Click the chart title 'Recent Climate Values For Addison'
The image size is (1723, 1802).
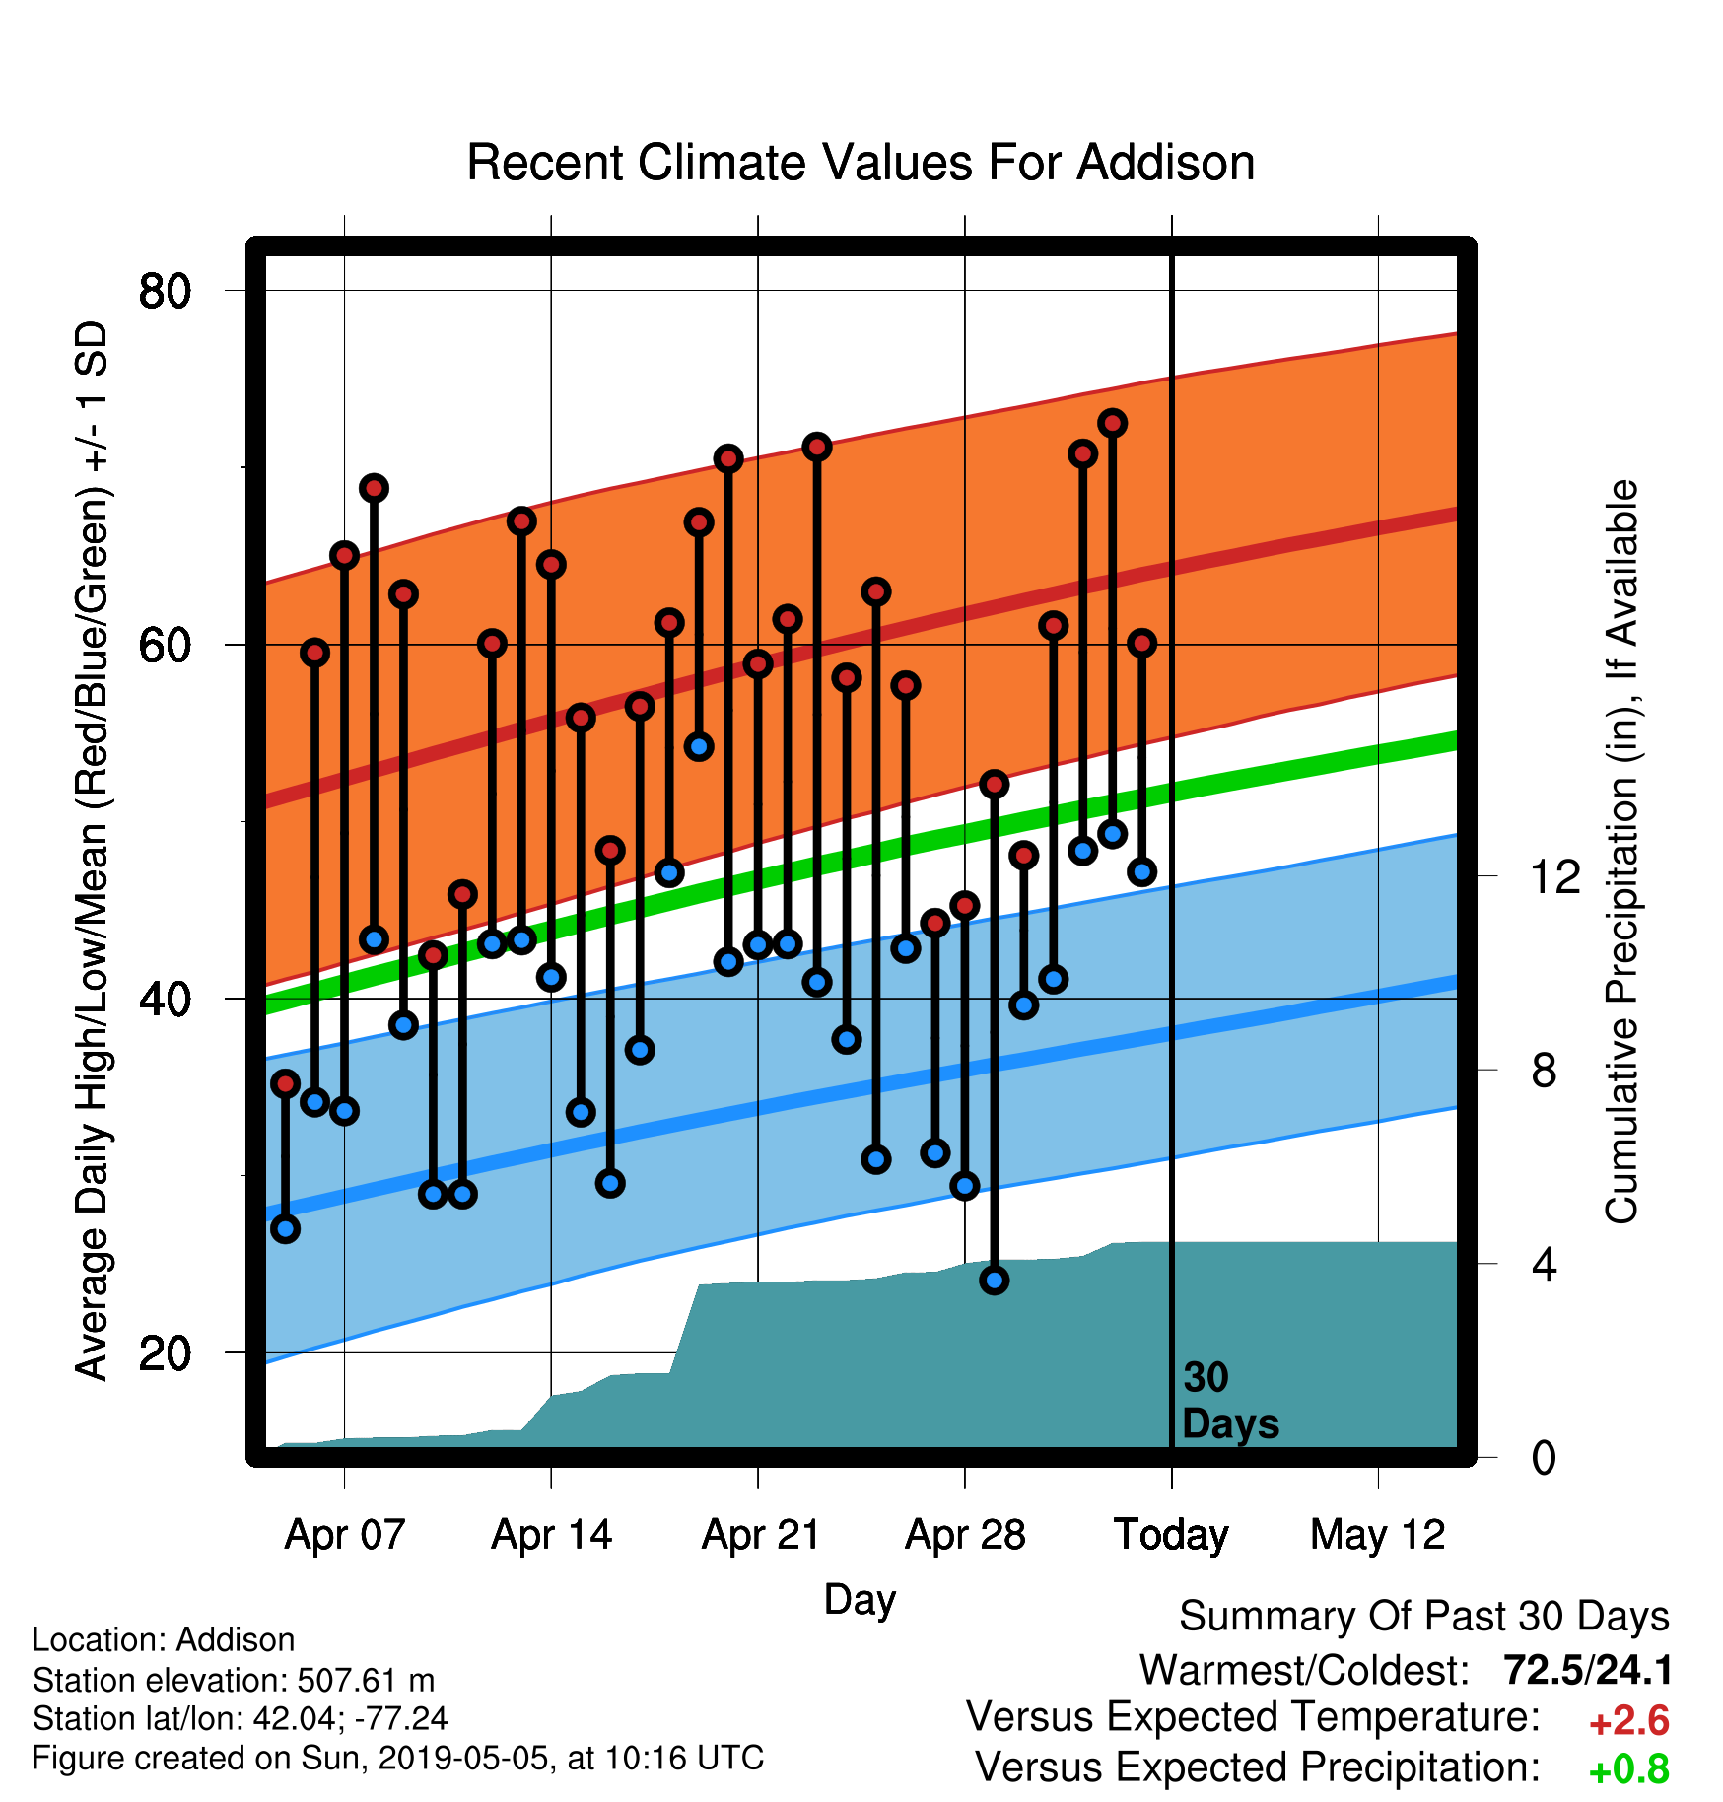coord(861,163)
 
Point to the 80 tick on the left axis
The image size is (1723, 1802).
coord(165,291)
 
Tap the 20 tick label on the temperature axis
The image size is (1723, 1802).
coord(165,1353)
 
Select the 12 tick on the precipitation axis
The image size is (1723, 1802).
coord(1555,876)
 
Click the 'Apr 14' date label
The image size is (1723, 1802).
coord(552,1535)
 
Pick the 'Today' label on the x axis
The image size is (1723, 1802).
coord(1171,1535)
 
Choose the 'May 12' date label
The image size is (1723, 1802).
coord(1378,1535)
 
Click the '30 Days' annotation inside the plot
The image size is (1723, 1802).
coord(1230,1401)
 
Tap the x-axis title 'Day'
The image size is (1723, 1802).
coord(860,1600)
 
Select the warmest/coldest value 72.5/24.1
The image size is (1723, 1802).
coord(1588,1671)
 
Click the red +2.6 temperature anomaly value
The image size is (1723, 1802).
coord(1629,1721)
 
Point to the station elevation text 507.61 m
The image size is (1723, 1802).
coord(366,1680)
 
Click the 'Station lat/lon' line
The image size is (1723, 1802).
coord(240,1718)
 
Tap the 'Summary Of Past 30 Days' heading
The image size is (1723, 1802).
coord(1424,1617)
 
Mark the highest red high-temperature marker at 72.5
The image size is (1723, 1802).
coord(1113,423)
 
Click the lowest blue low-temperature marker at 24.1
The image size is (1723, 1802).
coord(995,1281)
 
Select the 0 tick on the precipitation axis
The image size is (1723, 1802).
coord(1544,1457)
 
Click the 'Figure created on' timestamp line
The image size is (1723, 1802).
coord(398,1758)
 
